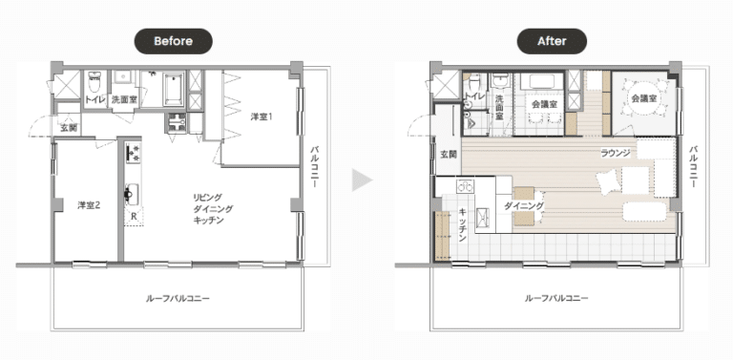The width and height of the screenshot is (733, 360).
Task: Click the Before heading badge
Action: pyautogui.click(x=174, y=41)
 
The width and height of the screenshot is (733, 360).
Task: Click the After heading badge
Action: pyautogui.click(x=552, y=41)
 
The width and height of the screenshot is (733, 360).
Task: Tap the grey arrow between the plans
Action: pyautogui.click(x=362, y=180)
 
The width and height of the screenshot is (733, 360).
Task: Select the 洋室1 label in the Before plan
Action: pyautogui.click(x=261, y=116)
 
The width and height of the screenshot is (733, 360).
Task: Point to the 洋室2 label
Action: pyautogui.click(x=89, y=204)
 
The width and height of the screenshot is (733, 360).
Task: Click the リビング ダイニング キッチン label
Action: pyautogui.click(x=213, y=208)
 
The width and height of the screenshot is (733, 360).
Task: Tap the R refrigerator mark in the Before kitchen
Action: pyautogui.click(x=134, y=217)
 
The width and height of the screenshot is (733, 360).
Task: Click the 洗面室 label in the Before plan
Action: pyautogui.click(x=124, y=99)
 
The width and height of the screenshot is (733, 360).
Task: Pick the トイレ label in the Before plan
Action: pyautogui.click(x=95, y=99)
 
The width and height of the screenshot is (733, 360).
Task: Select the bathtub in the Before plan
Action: pyautogui.click(x=174, y=90)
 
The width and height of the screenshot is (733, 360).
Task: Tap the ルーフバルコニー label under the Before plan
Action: pyautogui.click(x=178, y=298)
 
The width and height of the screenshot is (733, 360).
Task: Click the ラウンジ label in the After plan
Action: pyautogui.click(x=616, y=153)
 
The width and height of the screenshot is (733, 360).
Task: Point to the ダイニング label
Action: pyautogui.click(x=524, y=205)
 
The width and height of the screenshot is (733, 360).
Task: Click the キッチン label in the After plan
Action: pyautogui.click(x=463, y=225)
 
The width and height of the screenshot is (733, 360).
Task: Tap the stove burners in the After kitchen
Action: pyautogui.click(x=465, y=186)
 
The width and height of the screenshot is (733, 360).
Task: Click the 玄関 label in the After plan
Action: pyautogui.click(x=449, y=155)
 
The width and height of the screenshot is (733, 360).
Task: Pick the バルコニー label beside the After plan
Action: pyautogui.click(x=694, y=167)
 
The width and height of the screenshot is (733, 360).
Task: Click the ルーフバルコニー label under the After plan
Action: pyautogui.click(x=556, y=298)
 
